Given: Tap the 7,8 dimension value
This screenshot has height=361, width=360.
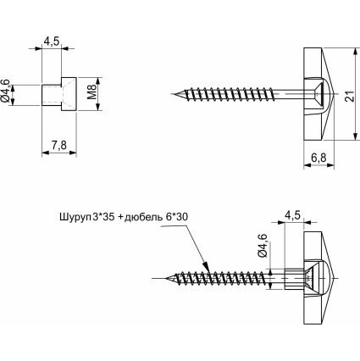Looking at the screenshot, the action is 59,146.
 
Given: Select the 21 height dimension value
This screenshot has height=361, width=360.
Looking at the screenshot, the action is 351,97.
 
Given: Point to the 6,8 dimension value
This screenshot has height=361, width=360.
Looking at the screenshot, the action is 318,158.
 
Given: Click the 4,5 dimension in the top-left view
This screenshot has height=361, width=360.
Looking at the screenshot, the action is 52,42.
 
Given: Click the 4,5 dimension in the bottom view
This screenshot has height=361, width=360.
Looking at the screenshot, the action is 292,215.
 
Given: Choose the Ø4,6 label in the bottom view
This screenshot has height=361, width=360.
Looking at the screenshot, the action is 263,246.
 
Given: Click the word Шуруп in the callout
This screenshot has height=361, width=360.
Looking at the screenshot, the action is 75,218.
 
